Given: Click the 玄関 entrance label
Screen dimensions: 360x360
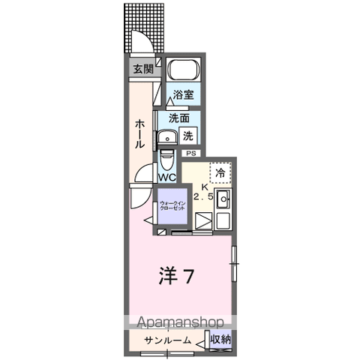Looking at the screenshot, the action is pos(143,69).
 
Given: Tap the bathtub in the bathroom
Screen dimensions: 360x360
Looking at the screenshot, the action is pos(184,69).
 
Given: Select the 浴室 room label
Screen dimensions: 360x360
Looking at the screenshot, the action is pos(183,94).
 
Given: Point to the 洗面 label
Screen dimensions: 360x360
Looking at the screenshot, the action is pos(178,118).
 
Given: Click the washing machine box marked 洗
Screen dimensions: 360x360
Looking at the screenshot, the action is pos(188,136).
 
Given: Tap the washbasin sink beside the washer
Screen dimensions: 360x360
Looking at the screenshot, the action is pos(167,138).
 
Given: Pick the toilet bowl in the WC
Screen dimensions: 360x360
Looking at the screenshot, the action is pos(166,160).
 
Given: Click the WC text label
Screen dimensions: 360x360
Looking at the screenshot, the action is pos(167,178).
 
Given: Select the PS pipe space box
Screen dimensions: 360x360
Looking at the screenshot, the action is pos(191,154).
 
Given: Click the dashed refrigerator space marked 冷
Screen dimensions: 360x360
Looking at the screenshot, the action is pos(220,172).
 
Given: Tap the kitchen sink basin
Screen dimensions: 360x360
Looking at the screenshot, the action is pos(223,199).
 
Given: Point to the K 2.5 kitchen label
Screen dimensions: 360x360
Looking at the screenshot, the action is pos(204,192).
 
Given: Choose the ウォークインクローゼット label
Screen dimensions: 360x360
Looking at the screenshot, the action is pos(172,206).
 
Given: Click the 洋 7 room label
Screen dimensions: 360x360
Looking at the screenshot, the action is pos(176,276).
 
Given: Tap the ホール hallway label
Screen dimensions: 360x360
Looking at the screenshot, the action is pos(139,134).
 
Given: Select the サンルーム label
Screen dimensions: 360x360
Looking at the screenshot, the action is pos(168,340).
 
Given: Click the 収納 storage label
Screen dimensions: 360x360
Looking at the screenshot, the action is pos(220,340).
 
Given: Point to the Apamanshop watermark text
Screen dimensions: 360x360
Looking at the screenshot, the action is pos(180,322).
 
